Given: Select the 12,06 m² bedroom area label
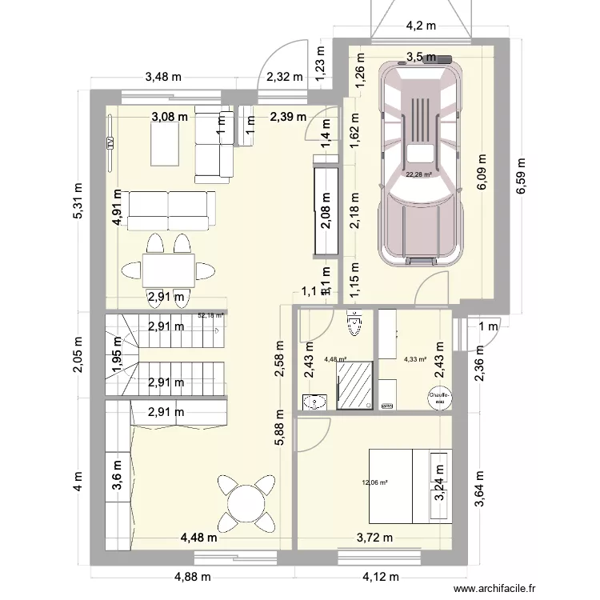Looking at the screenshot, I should (374, 482).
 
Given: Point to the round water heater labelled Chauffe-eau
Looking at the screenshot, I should (439, 398).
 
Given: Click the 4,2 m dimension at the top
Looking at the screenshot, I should (420, 26).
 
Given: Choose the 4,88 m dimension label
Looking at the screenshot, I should (193, 576).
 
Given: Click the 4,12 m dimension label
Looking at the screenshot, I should (380, 576).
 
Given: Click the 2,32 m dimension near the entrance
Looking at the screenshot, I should (285, 78).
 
